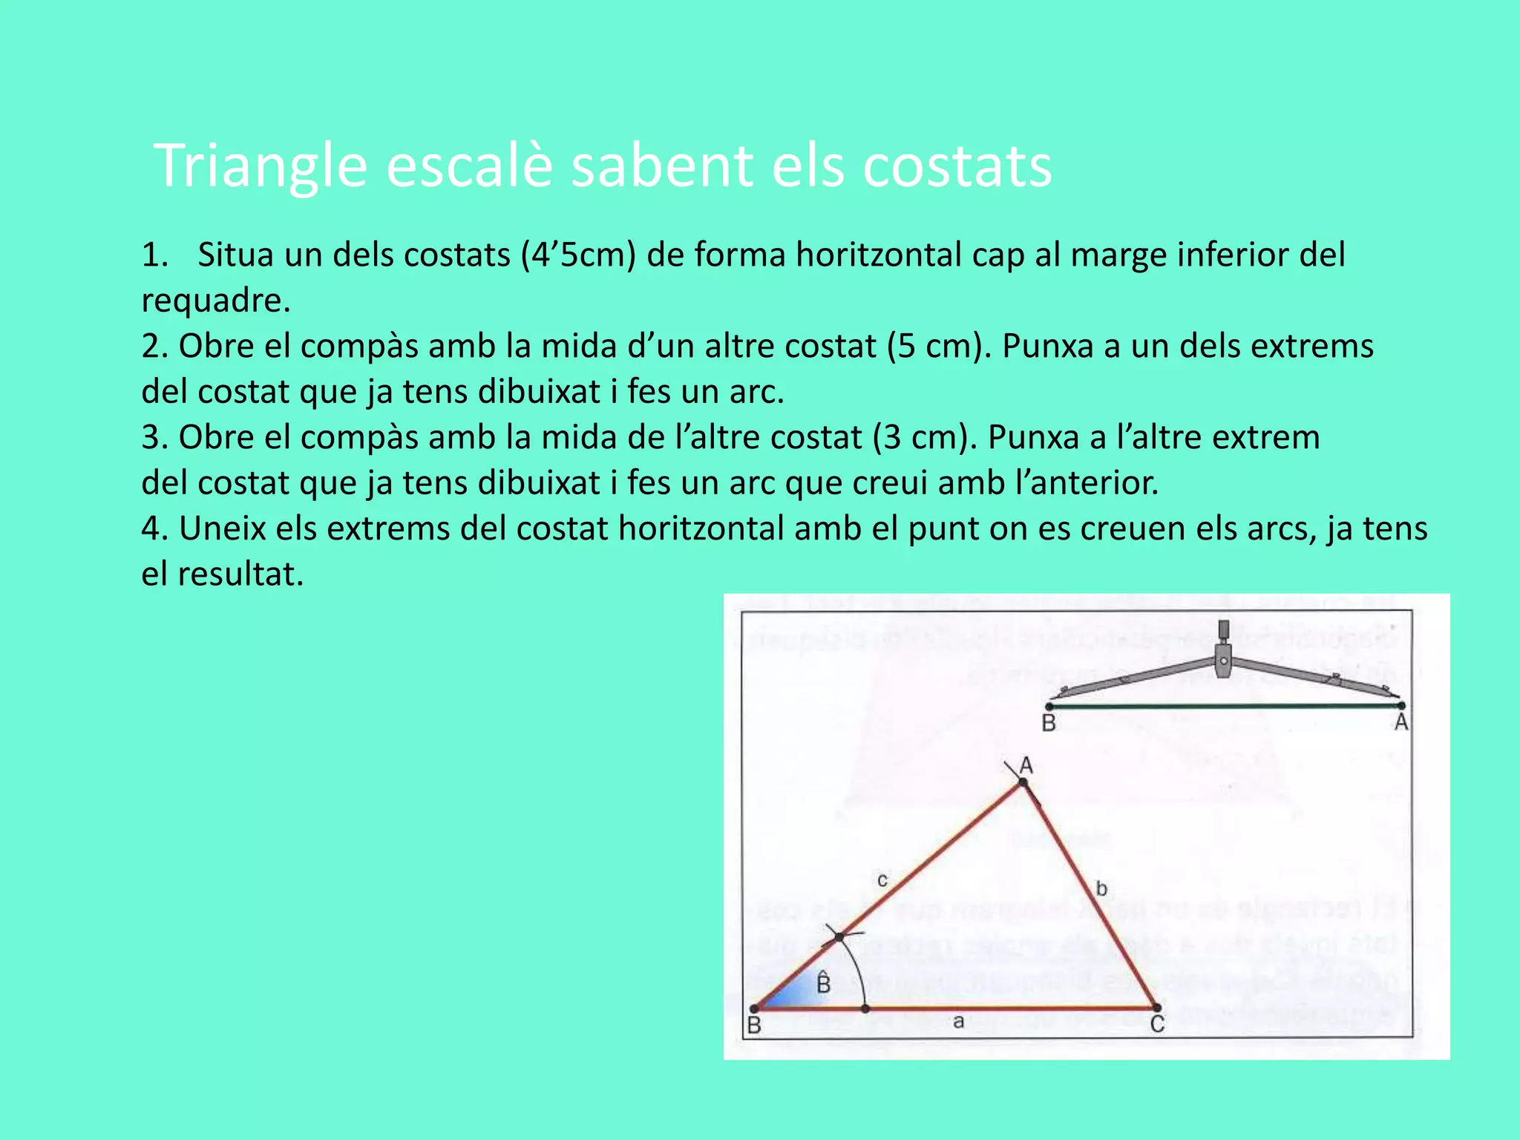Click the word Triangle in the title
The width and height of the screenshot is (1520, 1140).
tap(261, 166)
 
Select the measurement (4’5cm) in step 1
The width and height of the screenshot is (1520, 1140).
tap(578, 255)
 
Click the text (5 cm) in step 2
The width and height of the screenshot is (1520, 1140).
tap(940, 346)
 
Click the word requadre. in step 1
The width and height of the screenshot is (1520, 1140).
tap(215, 301)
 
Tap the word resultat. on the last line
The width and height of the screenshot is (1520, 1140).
tap(240, 574)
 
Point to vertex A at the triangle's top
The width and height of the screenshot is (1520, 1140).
tap(1023, 782)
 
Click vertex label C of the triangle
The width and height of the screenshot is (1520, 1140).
tap(1157, 1025)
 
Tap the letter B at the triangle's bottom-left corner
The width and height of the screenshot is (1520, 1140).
tap(754, 1026)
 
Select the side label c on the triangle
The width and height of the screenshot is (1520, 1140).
tap(882, 880)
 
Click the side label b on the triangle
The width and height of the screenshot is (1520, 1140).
tap(1101, 888)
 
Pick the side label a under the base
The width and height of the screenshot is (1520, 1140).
tap(958, 1022)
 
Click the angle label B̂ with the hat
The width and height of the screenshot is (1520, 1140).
tap(823, 983)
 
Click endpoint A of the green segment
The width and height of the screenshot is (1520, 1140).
tap(1401, 706)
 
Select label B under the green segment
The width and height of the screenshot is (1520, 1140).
tap(1049, 723)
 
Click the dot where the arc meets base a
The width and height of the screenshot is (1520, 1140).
tap(865, 1009)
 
